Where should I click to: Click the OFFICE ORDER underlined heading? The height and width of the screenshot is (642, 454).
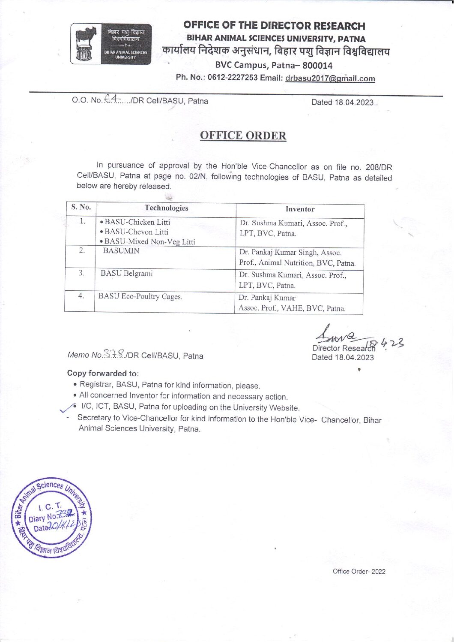click(x=243, y=136)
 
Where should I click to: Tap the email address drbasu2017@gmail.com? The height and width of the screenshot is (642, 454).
click(x=330, y=78)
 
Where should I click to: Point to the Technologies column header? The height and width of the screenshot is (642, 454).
click(x=166, y=208)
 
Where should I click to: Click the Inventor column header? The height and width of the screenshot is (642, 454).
click(x=300, y=209)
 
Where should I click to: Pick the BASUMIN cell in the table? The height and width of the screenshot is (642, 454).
click(x=121, y=251)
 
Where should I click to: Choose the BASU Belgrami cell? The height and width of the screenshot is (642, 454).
click(x=126, y=273)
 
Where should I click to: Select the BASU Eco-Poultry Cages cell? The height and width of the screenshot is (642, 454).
click(x=140, y=296)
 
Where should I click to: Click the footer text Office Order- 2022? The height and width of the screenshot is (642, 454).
click(x=359, y=571)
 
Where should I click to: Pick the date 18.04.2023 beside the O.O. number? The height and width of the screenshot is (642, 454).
click(x=342, y=102)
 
